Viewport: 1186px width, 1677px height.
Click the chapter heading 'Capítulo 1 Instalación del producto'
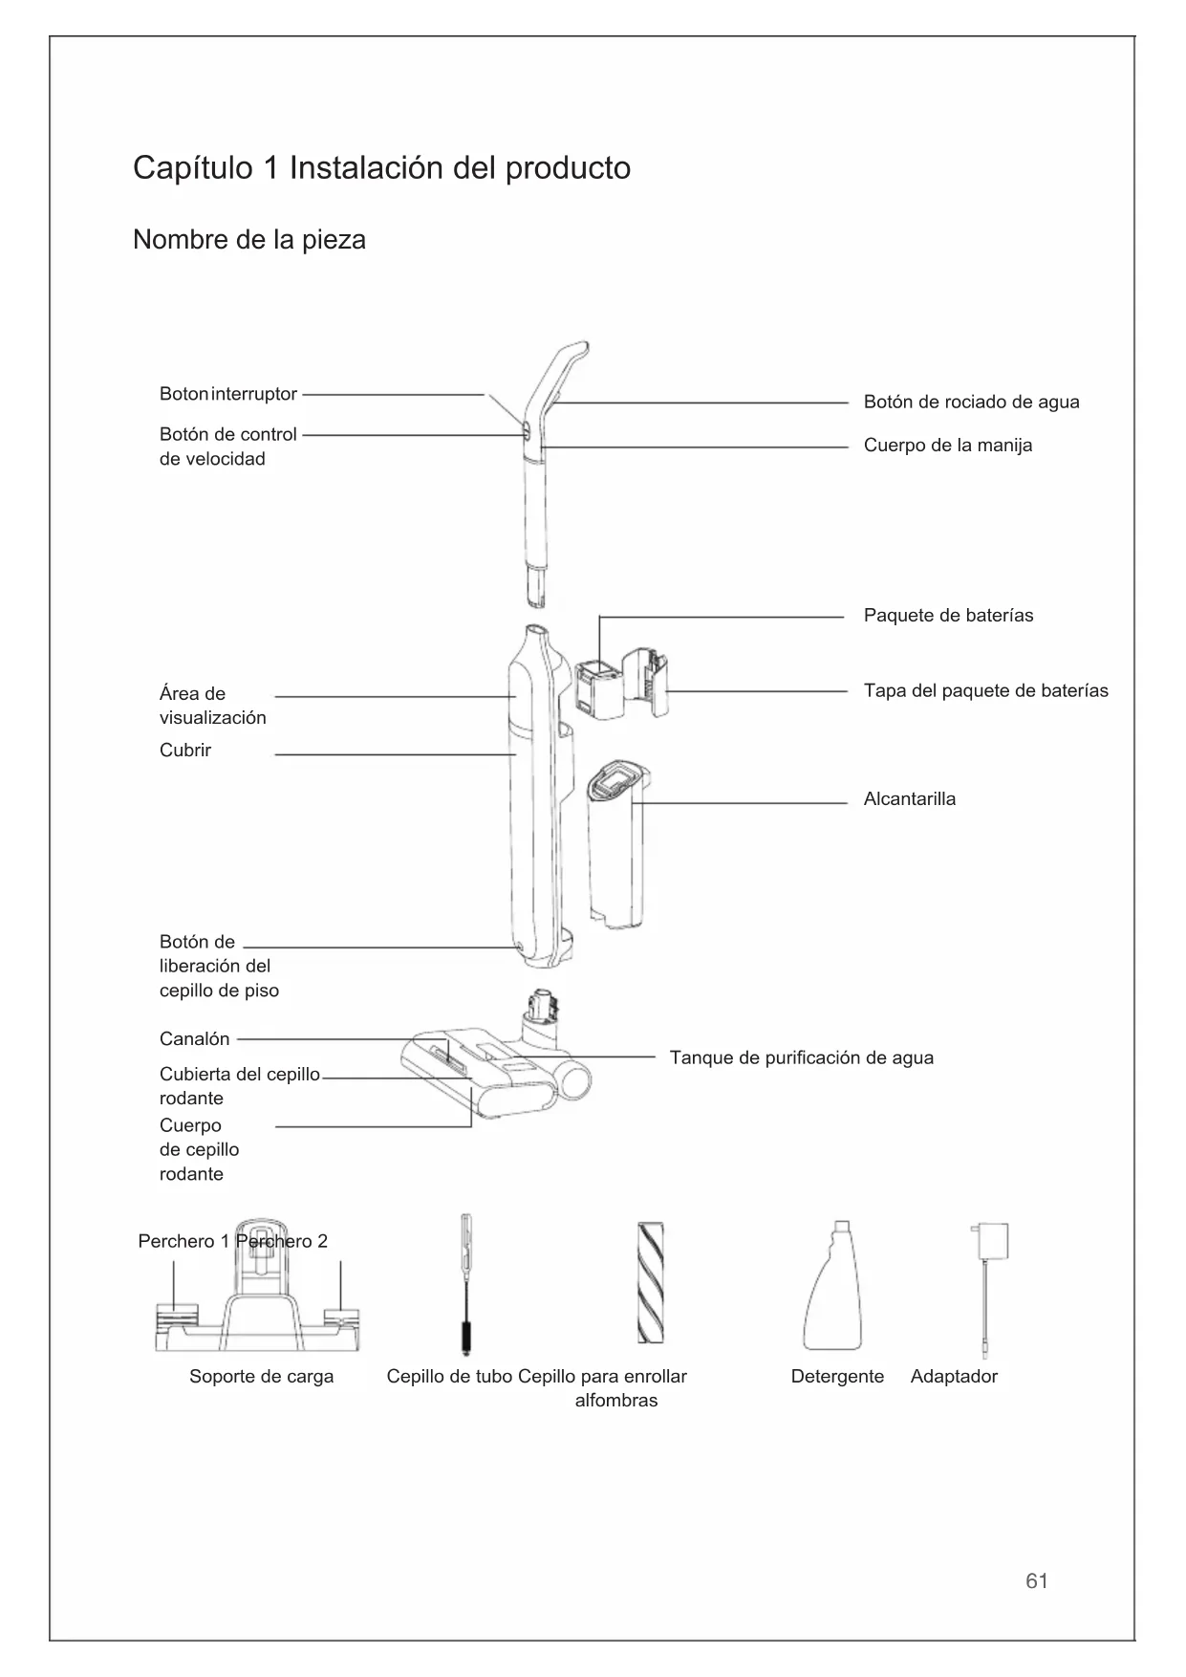tap(381, 168)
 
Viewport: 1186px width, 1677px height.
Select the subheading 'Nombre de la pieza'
tap(248, 239)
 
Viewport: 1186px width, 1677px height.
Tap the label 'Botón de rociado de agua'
tap(971, 402)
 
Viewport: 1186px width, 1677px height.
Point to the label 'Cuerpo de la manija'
tap(947, 445)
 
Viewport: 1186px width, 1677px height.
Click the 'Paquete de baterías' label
tap(948, 615)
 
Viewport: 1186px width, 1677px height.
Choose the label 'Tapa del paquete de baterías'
tap(985, 690)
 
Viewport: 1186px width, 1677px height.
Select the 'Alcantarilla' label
tap(909, 799)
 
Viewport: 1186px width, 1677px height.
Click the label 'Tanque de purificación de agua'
tap(801, 1057)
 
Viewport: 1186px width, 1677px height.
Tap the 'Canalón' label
tap(194, 1038)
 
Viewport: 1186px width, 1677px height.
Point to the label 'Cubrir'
tap(185, 750)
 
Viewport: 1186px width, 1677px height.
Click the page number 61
tap(1036, 1581)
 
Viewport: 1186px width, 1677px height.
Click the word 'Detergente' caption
tap(837, 1376)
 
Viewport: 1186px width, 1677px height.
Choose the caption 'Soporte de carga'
tap(261, 1376)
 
